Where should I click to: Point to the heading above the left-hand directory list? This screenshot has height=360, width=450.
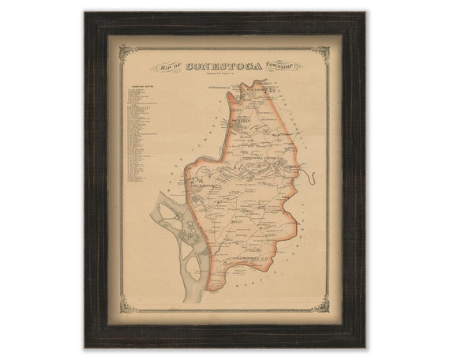[136, 86]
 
